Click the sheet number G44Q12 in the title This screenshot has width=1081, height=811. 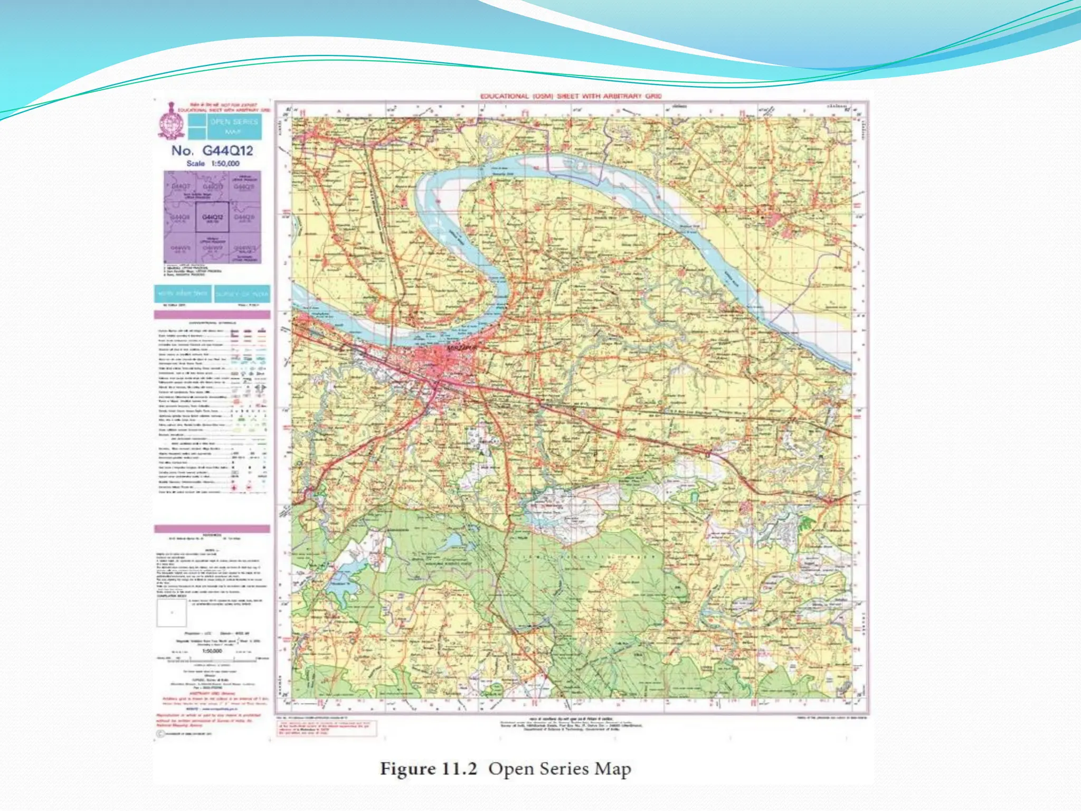click(227, 150)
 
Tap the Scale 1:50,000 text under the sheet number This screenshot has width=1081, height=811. click(213, 164)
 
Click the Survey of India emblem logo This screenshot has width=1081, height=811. click(170, 121)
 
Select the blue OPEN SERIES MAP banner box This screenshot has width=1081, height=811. click(234, 126)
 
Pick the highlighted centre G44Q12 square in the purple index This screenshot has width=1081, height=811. click(212, 217)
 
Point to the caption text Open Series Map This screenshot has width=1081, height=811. click(560, 769)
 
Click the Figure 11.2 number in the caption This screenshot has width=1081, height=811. click(429, 769)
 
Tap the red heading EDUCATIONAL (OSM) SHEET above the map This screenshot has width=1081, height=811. click(570, 96)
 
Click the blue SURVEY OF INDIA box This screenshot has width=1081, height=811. click(242, 294)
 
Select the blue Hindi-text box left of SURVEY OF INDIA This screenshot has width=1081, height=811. click(183, 294)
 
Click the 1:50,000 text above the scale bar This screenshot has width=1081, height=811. click(212, 651)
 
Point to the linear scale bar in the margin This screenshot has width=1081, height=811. click(212, 658)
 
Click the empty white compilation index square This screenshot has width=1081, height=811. click(172, 613)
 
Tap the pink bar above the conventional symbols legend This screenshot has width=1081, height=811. click(212, 315)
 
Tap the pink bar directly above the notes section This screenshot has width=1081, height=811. click(212, 529)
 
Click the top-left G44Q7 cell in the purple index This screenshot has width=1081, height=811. click(181, 187)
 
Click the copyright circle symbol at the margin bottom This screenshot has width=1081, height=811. click(159, 734)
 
